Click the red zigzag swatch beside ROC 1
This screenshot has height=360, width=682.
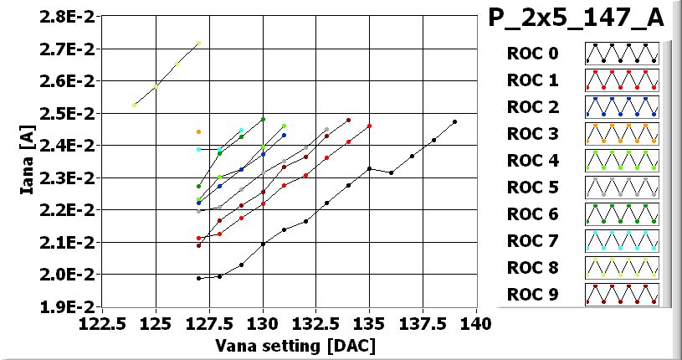621,80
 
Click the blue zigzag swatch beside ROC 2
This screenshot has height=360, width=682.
621,107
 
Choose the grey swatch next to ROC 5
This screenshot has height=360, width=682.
621,188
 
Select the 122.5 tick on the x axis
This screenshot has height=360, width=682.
102,323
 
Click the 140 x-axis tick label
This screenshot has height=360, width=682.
476,323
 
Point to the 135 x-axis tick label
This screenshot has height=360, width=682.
369,323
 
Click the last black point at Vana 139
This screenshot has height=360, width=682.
454,121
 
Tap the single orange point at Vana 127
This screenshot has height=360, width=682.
198,131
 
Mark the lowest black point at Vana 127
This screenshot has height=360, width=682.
198,278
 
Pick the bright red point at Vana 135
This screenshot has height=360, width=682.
369,126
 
